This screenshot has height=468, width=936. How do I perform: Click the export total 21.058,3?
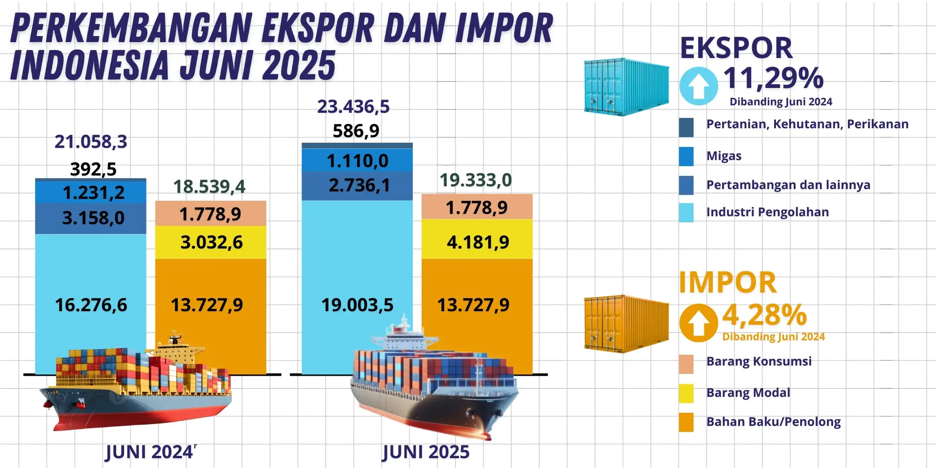tap(91, 142)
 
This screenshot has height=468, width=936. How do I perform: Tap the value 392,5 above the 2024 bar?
tap(93, 169)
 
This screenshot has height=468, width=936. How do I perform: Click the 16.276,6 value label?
tap(91, 305)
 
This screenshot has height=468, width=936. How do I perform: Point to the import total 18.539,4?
tap(209, 187)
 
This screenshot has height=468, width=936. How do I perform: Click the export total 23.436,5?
tap(353, 107)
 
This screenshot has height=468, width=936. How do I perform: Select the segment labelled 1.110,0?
tap(358, 161)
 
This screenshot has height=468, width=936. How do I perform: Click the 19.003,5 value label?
tap(357, 305)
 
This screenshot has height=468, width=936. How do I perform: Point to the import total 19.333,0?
tap(475, 180)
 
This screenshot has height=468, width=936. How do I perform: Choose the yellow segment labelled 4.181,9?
tap(478, 242)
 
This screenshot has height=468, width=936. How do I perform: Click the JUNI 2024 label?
tap(150, 452)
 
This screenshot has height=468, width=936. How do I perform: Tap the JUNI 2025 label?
tap(425, 452)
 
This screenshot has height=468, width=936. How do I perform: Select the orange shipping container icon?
tap(626, 323)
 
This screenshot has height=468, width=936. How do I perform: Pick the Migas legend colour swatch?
tap(686, 156)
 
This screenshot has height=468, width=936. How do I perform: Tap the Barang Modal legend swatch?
tap(686, 393)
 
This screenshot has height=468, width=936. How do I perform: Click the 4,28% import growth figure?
tap(764, 315)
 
